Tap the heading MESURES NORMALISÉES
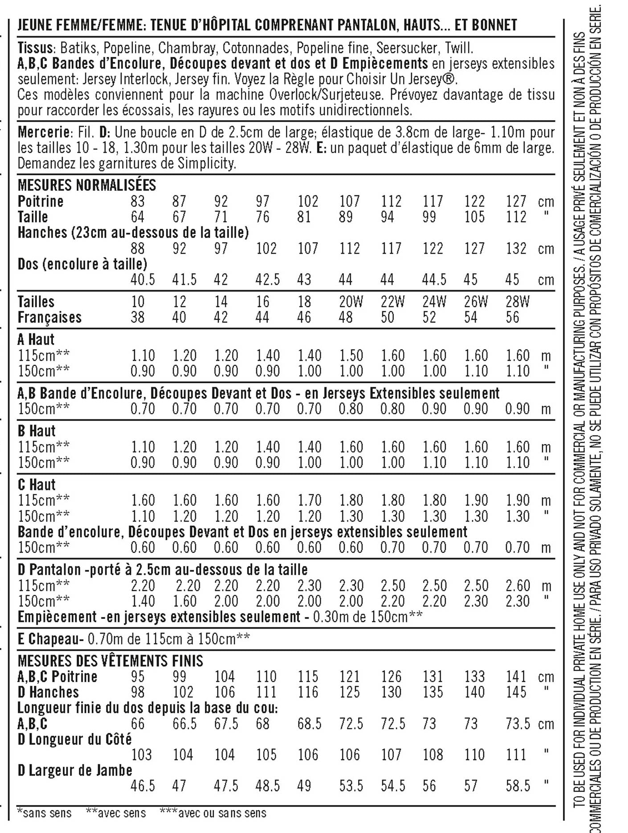[87, 185]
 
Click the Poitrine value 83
[137, 202]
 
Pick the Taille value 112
[516, 217]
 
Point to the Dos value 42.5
[267, 280]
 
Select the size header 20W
[351, 302]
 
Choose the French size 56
[512, 318]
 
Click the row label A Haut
[36, 340]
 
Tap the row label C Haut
[37, 485]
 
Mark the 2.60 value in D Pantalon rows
[518, 586]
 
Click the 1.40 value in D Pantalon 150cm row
[143, 602]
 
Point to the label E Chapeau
[50, 639]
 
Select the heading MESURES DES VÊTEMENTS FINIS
[110, 661]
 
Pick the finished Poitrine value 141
[516, 677]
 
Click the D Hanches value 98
[137, 692]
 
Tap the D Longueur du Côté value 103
[142, 755]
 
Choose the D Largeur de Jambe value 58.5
[518, 786]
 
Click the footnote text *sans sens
[44, 813]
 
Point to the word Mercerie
[44, 133]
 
